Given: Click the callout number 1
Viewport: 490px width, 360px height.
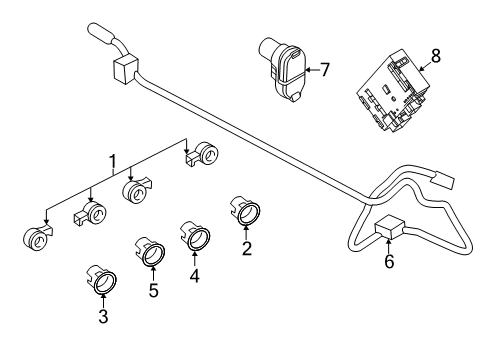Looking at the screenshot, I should (113, 160).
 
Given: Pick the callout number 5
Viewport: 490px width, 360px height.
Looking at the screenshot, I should (153, 292).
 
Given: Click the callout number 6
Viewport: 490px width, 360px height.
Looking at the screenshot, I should (389, 261).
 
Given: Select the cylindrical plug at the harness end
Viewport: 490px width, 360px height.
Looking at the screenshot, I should (104, 33).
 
